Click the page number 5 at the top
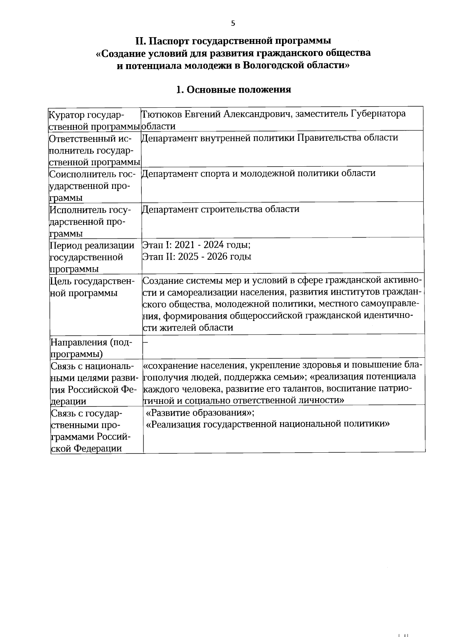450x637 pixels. coord(233,24)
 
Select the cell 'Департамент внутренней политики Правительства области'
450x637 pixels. coord(270,138)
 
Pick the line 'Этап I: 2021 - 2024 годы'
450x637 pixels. coord(196,245)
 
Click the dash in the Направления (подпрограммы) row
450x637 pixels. coord(146,342)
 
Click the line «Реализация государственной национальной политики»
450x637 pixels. coord(268,424)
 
